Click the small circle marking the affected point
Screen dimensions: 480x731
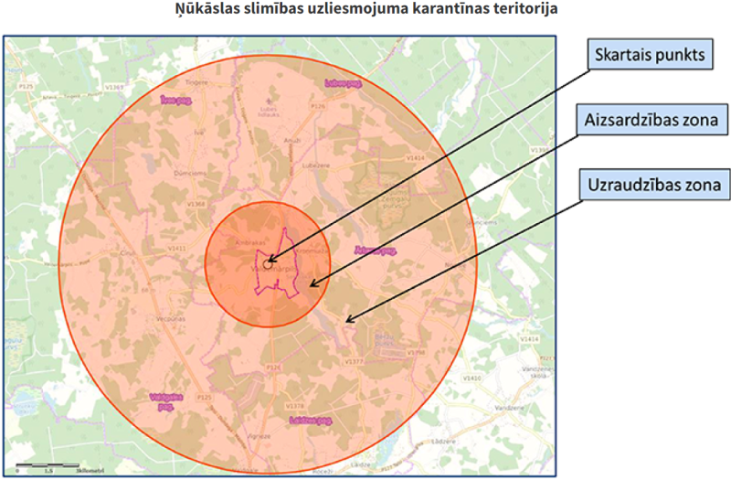267,263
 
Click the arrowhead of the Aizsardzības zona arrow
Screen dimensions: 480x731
311,284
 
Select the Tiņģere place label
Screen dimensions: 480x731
198,81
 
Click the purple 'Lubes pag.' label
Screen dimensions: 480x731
344,83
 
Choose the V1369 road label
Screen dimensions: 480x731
115,86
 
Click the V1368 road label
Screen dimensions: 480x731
196,203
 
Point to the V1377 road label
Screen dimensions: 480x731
355,363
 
